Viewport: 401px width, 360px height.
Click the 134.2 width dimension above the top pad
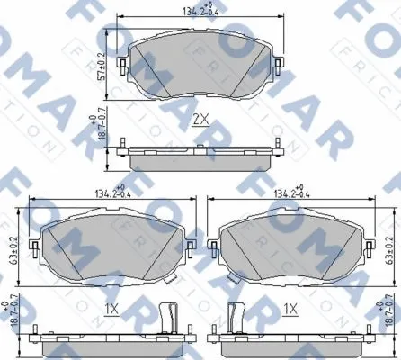click(200, 12)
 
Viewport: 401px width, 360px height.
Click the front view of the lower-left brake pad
click(109, 248)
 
